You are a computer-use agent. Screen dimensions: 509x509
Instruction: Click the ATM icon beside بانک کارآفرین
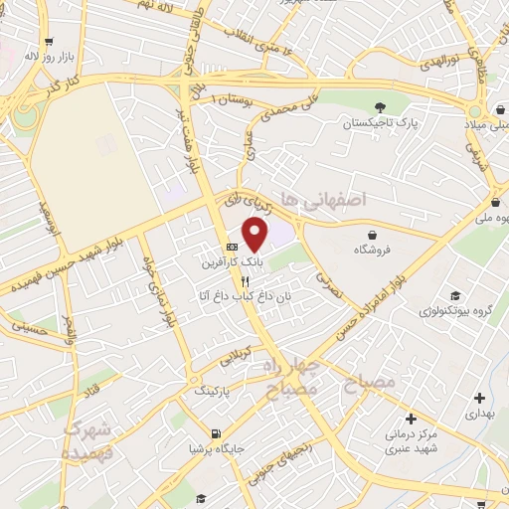(x=232, y=247)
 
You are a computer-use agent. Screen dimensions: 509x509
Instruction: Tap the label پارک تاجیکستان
(x=379, y=124)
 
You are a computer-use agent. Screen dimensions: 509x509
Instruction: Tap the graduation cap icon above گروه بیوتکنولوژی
(x=455, y=295)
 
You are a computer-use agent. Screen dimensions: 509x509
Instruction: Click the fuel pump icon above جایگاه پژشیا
(x=216, y=432)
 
